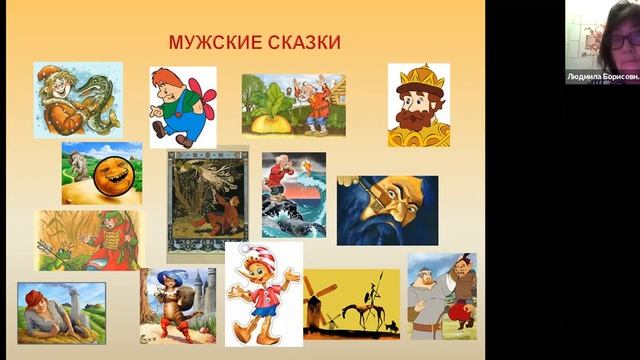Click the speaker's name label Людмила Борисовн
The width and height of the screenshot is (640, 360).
601,76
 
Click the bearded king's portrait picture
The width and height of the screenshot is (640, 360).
418,105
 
